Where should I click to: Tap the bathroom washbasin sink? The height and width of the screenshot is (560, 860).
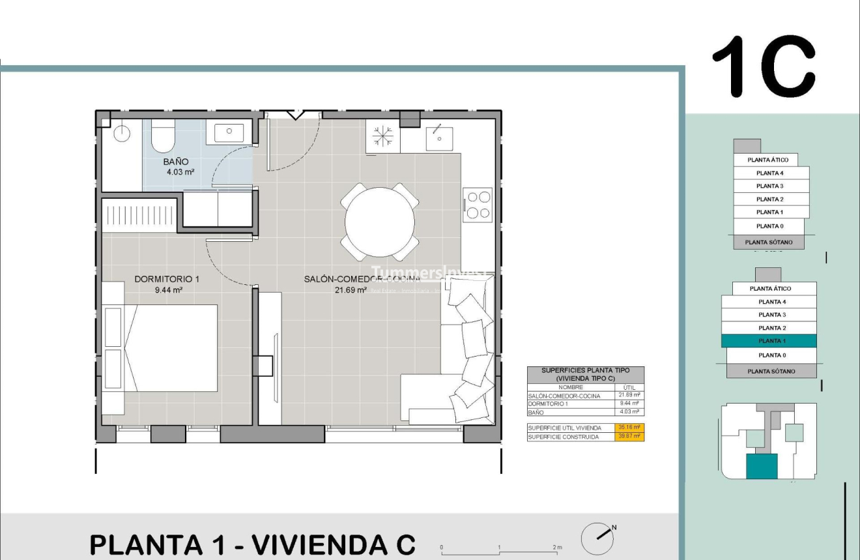[x=229, y=132]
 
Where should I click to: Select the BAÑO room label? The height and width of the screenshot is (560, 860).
[x=176, y=162]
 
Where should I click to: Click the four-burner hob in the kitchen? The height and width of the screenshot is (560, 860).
[x=478, y=205]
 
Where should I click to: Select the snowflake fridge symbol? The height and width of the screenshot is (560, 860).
[x=382, y=136]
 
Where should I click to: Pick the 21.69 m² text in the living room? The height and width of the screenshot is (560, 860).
[x=351, y=290]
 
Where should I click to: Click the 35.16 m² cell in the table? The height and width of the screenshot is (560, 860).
[x=629, y=428]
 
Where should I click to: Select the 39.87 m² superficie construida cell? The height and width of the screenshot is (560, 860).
[x=629, y=437]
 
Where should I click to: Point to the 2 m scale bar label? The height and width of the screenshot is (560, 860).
[x=556, y=547]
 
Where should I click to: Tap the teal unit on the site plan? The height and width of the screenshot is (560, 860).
[x=762, y=467]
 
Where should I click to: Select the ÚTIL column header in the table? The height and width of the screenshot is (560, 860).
[x=629, y=387]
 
